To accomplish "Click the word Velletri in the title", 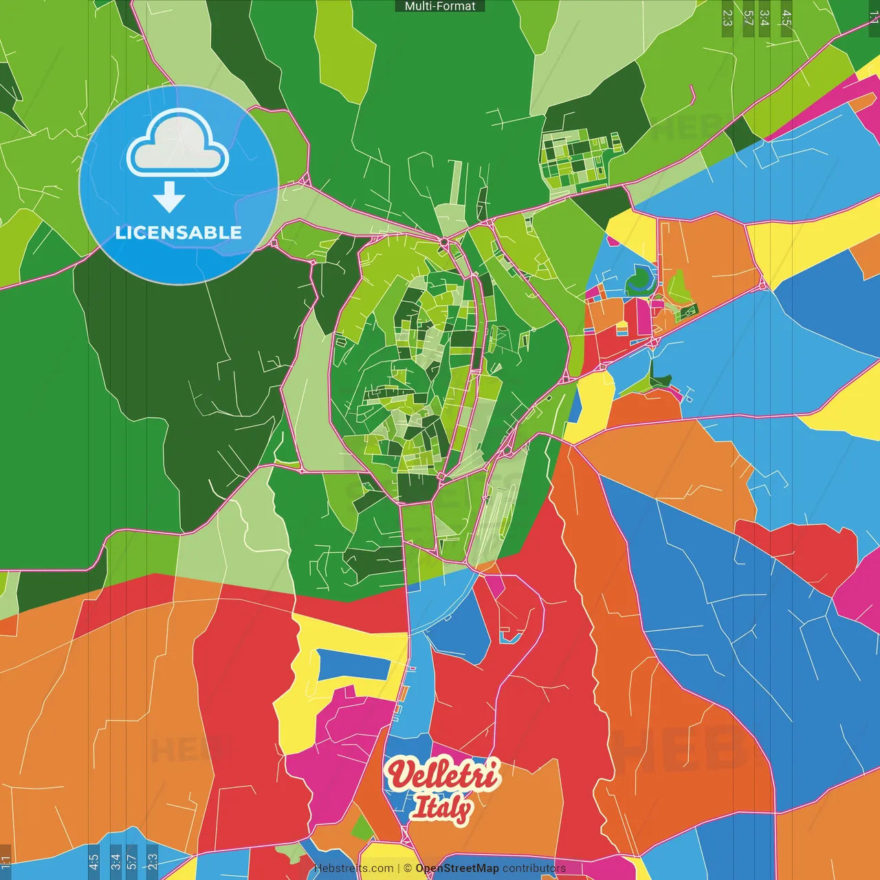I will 443,775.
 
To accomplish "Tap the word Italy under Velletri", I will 441,808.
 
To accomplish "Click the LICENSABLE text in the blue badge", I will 178,232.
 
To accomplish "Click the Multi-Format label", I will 440,6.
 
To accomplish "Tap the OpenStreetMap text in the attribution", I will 456,868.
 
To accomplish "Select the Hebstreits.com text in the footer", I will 353,868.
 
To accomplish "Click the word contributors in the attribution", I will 534,868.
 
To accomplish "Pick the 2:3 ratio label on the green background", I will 727,18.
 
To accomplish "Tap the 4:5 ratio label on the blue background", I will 93,862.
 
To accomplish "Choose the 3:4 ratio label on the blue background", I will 115,862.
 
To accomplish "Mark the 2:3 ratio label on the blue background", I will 152,862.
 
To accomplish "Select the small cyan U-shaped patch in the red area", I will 509,638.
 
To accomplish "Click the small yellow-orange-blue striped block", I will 621,329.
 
